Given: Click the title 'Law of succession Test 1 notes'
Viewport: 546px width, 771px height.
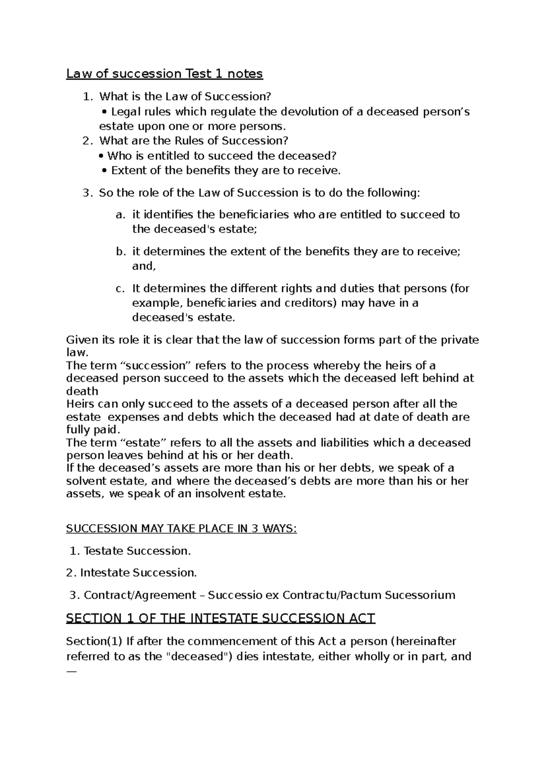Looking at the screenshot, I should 164,73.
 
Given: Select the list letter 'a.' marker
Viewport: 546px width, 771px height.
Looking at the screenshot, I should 120,215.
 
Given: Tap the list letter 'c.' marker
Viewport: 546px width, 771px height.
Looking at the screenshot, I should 120,289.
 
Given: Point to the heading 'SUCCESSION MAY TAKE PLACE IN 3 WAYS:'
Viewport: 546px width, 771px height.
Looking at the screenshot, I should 181,529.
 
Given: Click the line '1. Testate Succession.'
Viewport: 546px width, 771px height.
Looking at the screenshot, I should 131,551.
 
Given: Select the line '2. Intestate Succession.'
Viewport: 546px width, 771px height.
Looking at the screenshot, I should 131,573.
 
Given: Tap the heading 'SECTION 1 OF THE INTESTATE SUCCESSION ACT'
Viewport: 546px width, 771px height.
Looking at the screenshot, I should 220,618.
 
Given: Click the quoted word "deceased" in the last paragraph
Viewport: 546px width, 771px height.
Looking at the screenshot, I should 198,657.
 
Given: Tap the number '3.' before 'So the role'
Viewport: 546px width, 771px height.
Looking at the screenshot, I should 87,193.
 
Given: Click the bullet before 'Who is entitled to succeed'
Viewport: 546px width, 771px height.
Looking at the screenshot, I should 101,156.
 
